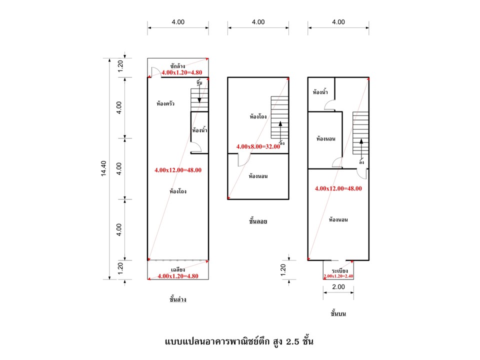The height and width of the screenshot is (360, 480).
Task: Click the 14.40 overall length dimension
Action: pos(103,168)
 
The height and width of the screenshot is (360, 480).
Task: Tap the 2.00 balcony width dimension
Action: pos(338,287)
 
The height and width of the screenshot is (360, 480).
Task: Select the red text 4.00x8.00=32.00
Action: pos(258,146)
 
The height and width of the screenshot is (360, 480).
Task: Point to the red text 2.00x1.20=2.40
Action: pos(338,276)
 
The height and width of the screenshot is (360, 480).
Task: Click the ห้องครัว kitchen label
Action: pos(165,103)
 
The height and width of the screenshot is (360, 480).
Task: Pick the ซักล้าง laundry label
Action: pos(177,66)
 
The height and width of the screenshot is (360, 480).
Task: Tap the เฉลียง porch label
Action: pos(178,269)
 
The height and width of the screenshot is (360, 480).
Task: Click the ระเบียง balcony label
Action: pos(339,270)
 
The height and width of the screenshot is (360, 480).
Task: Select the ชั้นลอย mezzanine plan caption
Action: pos(258,221)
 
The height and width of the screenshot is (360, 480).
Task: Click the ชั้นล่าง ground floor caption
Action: pos(178,299)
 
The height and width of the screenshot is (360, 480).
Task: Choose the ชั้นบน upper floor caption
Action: pos(338,313)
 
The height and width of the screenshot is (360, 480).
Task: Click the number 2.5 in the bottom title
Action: pos(292,341)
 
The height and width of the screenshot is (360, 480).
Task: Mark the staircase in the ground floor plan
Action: pos(199,100)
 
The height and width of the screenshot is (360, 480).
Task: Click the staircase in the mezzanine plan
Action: pos(279,117)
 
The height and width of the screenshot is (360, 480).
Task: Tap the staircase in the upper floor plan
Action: pos(360,133)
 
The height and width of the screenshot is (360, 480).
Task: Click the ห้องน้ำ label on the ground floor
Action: pos(199,130)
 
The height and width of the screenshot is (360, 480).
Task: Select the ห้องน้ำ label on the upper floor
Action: pos(320,92)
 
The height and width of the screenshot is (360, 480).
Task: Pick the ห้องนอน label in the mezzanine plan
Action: pos(258,176)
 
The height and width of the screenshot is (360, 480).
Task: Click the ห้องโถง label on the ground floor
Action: pos(178,191)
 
